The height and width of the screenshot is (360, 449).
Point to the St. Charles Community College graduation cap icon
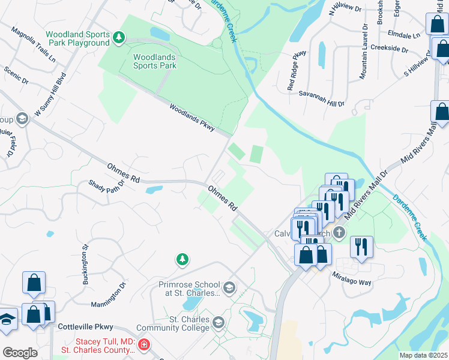(x=219, y=323)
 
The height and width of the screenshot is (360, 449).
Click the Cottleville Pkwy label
(x=86, y=328)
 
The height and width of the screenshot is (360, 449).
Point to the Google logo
(x=20, y=352)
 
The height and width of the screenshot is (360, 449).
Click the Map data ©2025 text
(x=423, y=355)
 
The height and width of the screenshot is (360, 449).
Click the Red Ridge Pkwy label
(x=297, y=70)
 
